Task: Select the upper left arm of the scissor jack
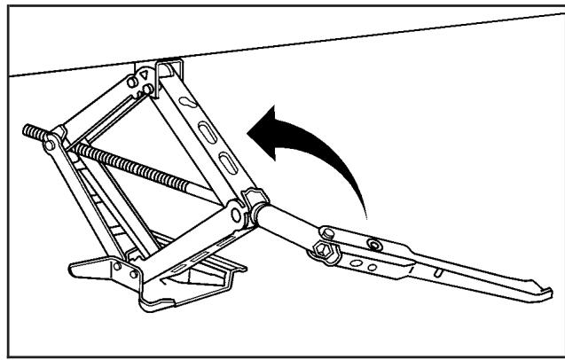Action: [x=98, y=106]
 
